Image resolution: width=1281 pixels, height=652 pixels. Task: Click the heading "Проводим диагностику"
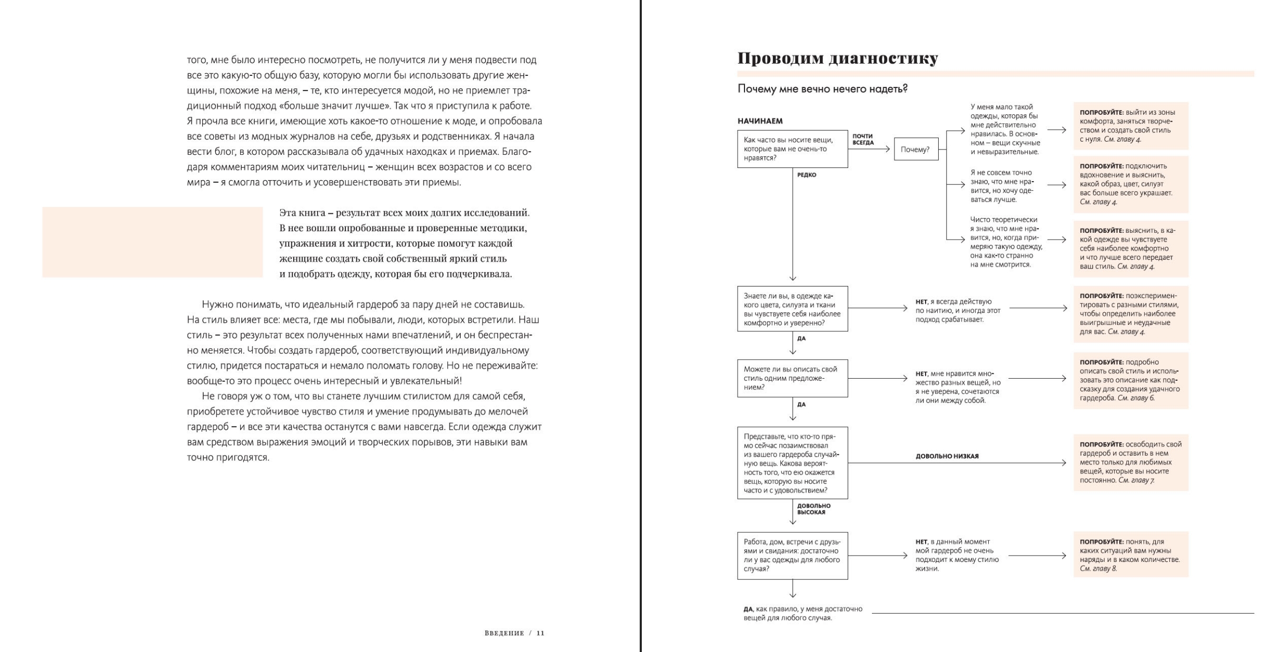point(837,58)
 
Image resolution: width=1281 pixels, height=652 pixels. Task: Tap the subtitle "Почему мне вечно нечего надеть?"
point(822,89)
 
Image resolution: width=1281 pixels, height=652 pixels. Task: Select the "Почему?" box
point(916,150)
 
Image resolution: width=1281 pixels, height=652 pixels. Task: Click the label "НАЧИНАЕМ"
point(760,121)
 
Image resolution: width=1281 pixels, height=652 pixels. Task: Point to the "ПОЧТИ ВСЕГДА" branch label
point(863,140)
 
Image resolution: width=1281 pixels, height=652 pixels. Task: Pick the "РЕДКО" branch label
point(807,175)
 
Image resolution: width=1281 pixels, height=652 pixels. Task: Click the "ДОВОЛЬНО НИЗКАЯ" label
point(947,456)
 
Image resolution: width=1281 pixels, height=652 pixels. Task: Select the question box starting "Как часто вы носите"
point(792,149)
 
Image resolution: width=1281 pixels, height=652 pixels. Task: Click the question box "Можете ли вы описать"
point(792,378)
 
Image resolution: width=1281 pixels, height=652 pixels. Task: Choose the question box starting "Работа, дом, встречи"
point(792,556)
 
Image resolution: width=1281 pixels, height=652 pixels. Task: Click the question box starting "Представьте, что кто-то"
point(792,463)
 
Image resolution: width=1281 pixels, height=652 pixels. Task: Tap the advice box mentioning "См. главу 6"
point(1130,380)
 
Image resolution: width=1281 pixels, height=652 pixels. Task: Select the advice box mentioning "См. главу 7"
point(1130,462)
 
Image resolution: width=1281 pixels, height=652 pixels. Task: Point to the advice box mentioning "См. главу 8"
point(1130,555)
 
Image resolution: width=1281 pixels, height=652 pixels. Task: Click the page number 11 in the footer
point(540,633)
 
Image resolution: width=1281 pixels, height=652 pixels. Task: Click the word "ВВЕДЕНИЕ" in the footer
point(504,633)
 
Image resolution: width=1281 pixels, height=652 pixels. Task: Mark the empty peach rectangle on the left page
point(152,242)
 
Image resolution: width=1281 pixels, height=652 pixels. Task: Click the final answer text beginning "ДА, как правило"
point(802,614)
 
